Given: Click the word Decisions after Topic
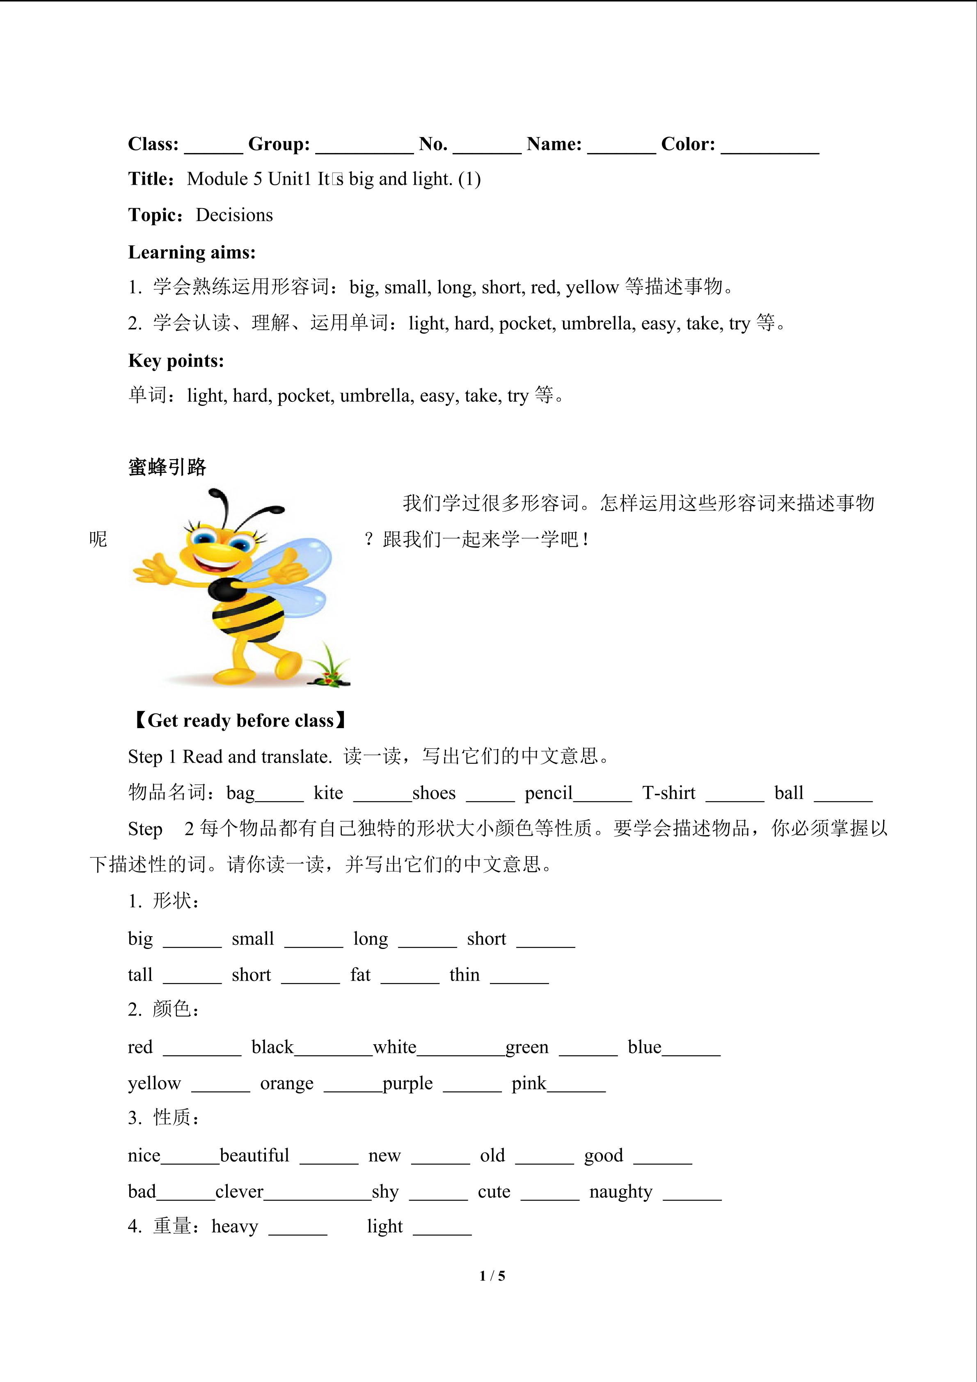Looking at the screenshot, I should point(234,215).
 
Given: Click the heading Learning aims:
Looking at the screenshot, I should point(192,252).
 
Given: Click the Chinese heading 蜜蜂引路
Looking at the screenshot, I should point(167,467).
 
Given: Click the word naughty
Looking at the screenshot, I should point(621,1192).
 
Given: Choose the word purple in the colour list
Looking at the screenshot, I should point(407,1084).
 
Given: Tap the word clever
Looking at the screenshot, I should point(239,1192).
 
